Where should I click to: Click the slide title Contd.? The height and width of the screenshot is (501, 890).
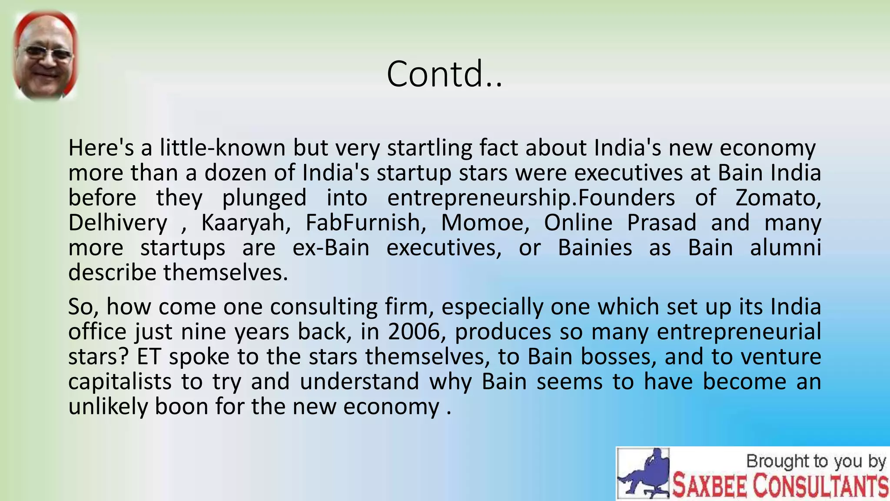pos(444,74)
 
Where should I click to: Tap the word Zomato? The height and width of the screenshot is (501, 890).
pos(778,198)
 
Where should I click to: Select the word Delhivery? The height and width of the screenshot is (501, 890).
pos(118,223)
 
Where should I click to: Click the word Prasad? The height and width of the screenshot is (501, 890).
pos(662,223)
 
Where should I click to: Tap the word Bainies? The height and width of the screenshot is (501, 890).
pos(595,248)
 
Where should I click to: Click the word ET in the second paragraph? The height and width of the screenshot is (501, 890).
pos(149,357)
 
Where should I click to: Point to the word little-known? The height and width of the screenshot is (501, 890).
pos(222,148)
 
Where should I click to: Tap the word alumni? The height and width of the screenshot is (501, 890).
pos(785,248)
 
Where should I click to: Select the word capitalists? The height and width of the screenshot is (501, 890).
pos(120,382)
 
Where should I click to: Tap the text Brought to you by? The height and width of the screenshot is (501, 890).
pos(815,461)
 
